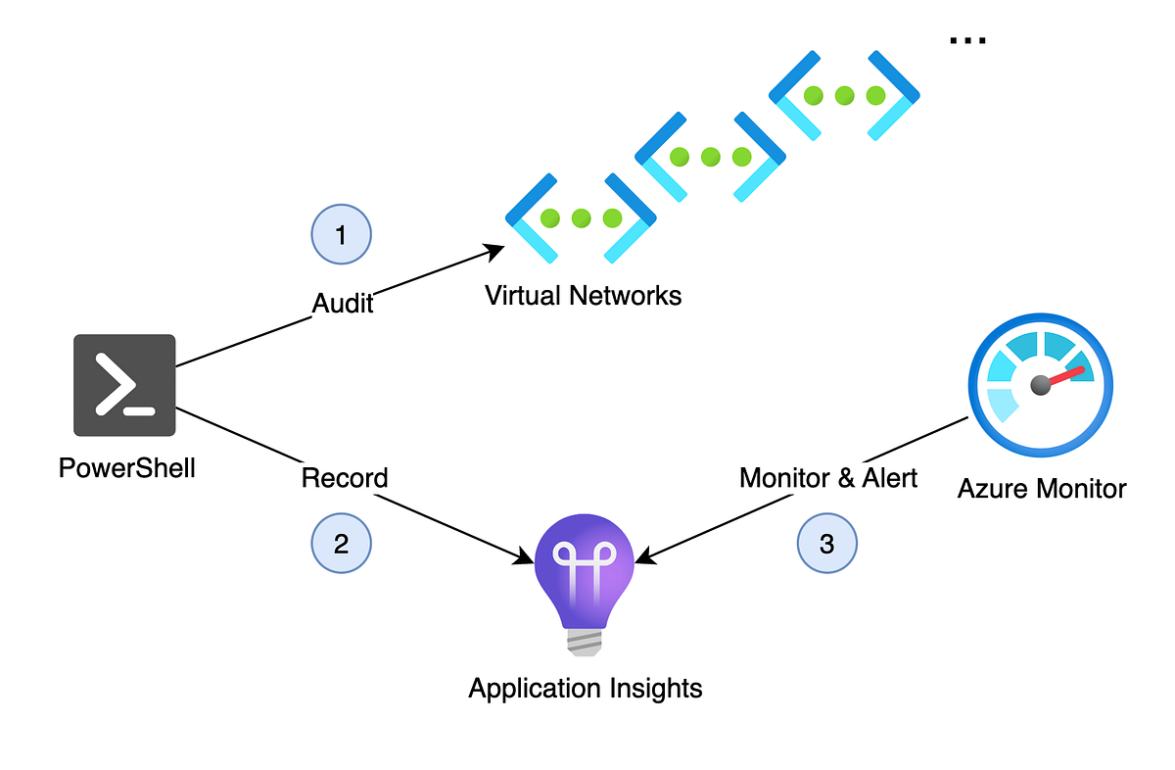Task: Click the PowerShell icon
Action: [x=124, y=385]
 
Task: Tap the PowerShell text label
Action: [x=127, y=468]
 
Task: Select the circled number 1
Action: [x=341, y=235]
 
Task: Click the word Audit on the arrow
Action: [x=343, y=303]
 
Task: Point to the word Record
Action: [x=345, y=478]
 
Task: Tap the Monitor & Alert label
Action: [x=828, y=478]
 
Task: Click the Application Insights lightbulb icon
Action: [x=586, y=578]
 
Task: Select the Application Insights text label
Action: [x=586, y=688]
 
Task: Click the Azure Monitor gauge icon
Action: [x=1041, y=384]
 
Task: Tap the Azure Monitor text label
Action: [x=1042, y=487]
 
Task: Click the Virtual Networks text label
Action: [x=584, y=295]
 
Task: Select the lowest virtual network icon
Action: [x=581, y=218]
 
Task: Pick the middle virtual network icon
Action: [x=711, y=157]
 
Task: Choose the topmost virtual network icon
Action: [x=845, y=95]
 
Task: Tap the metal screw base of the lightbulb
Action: [x=586, y=641]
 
